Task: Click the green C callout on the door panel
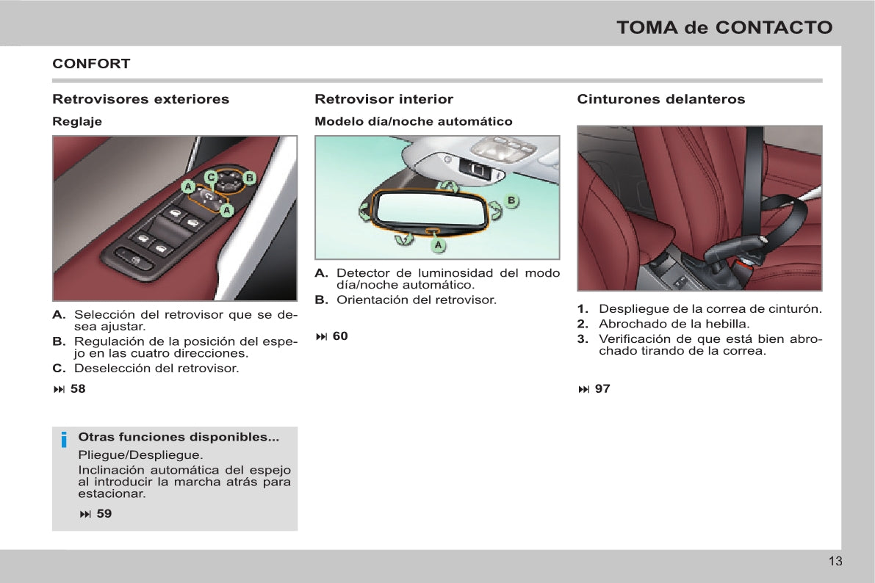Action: [210, 177]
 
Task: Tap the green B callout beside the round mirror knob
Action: [249, 178]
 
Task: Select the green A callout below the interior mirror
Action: [438, 243]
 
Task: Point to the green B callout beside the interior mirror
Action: [512, 200]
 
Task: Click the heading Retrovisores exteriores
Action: [141, 99]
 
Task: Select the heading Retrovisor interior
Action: [384, 99]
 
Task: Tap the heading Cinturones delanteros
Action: [660, 99]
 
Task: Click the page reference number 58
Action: [78, 389]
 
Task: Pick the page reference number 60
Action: [340, 336]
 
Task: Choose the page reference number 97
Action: [602, 389]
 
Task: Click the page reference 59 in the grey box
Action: [104, 514]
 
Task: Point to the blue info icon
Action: [65, 440]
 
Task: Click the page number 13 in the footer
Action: [835, 562]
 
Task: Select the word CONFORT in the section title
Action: [91, 64]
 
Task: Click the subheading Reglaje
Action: [77, 122]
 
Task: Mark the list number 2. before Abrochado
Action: [582, 324]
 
